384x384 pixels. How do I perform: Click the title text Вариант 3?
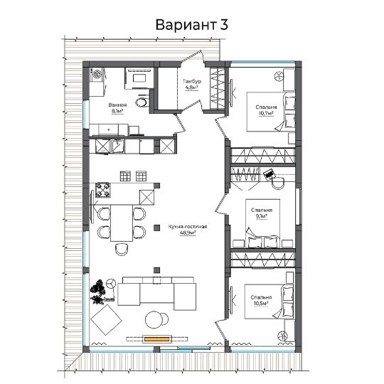pyautogui.click(x=192, y=25)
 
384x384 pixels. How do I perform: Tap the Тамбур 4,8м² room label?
pyautogui.click(x=192, y=84)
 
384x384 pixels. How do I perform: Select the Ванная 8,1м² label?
pyautogui.click(x=117, y=108)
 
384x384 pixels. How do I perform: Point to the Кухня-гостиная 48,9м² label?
pyautogui.click(x=188, y=230)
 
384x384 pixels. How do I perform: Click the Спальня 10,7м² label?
pyautogui.click(x=266, y=110)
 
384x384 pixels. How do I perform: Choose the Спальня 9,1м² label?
pyautogui.click(x=262, y=213)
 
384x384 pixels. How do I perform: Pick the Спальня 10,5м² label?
pyautogui.click(x=261, y=301)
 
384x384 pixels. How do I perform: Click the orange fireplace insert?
pyautogui.click(x=157, y=339)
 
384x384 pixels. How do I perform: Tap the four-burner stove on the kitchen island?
pyautogui.click(x=103, y=190)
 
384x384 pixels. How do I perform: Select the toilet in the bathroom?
pyautogui.click(x=142, y=102)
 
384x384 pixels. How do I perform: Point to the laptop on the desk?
pyautogui.click(x=269, y=174)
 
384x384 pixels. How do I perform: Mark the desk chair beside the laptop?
pyautogui.click(x=278, y=183)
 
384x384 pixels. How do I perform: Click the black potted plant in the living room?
pyautogui.click(x=98, y=292)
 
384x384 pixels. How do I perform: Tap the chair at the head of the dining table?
pyautogui.click(x=122, y=249)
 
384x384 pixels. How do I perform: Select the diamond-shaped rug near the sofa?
pyautogui.click(x=106, y=319)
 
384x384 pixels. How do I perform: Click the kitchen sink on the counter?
pyautogui.click(x=118, y=146)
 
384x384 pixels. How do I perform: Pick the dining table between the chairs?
pyautogui.click(x=122, y=223)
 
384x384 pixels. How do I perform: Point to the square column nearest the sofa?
pyautogui.click(x=156, y=270)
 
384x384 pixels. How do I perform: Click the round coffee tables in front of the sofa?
pyautogui.click(x=156, y=319)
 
